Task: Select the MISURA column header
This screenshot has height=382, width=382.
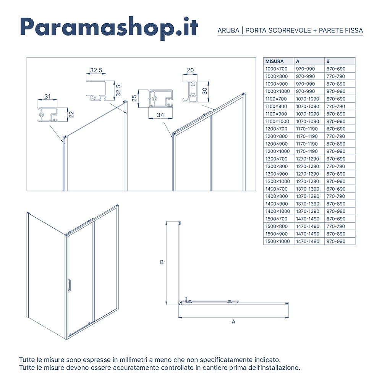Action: click(x=274, y=61)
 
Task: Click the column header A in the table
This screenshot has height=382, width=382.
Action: click(x=298, y=61)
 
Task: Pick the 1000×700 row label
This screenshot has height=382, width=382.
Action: click(x=277, y=69)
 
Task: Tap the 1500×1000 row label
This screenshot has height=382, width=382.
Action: click(x=278, y=241)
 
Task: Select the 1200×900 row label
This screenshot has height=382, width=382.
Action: click(x=277, y=144)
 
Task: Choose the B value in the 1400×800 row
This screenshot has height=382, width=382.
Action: click(x=335, y=196)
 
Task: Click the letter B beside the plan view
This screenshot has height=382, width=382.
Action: click(x=162, y=262)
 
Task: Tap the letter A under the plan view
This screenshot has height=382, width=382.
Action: click(x=233, y=322)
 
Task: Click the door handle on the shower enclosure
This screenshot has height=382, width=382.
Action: click(x=69, y=285)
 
